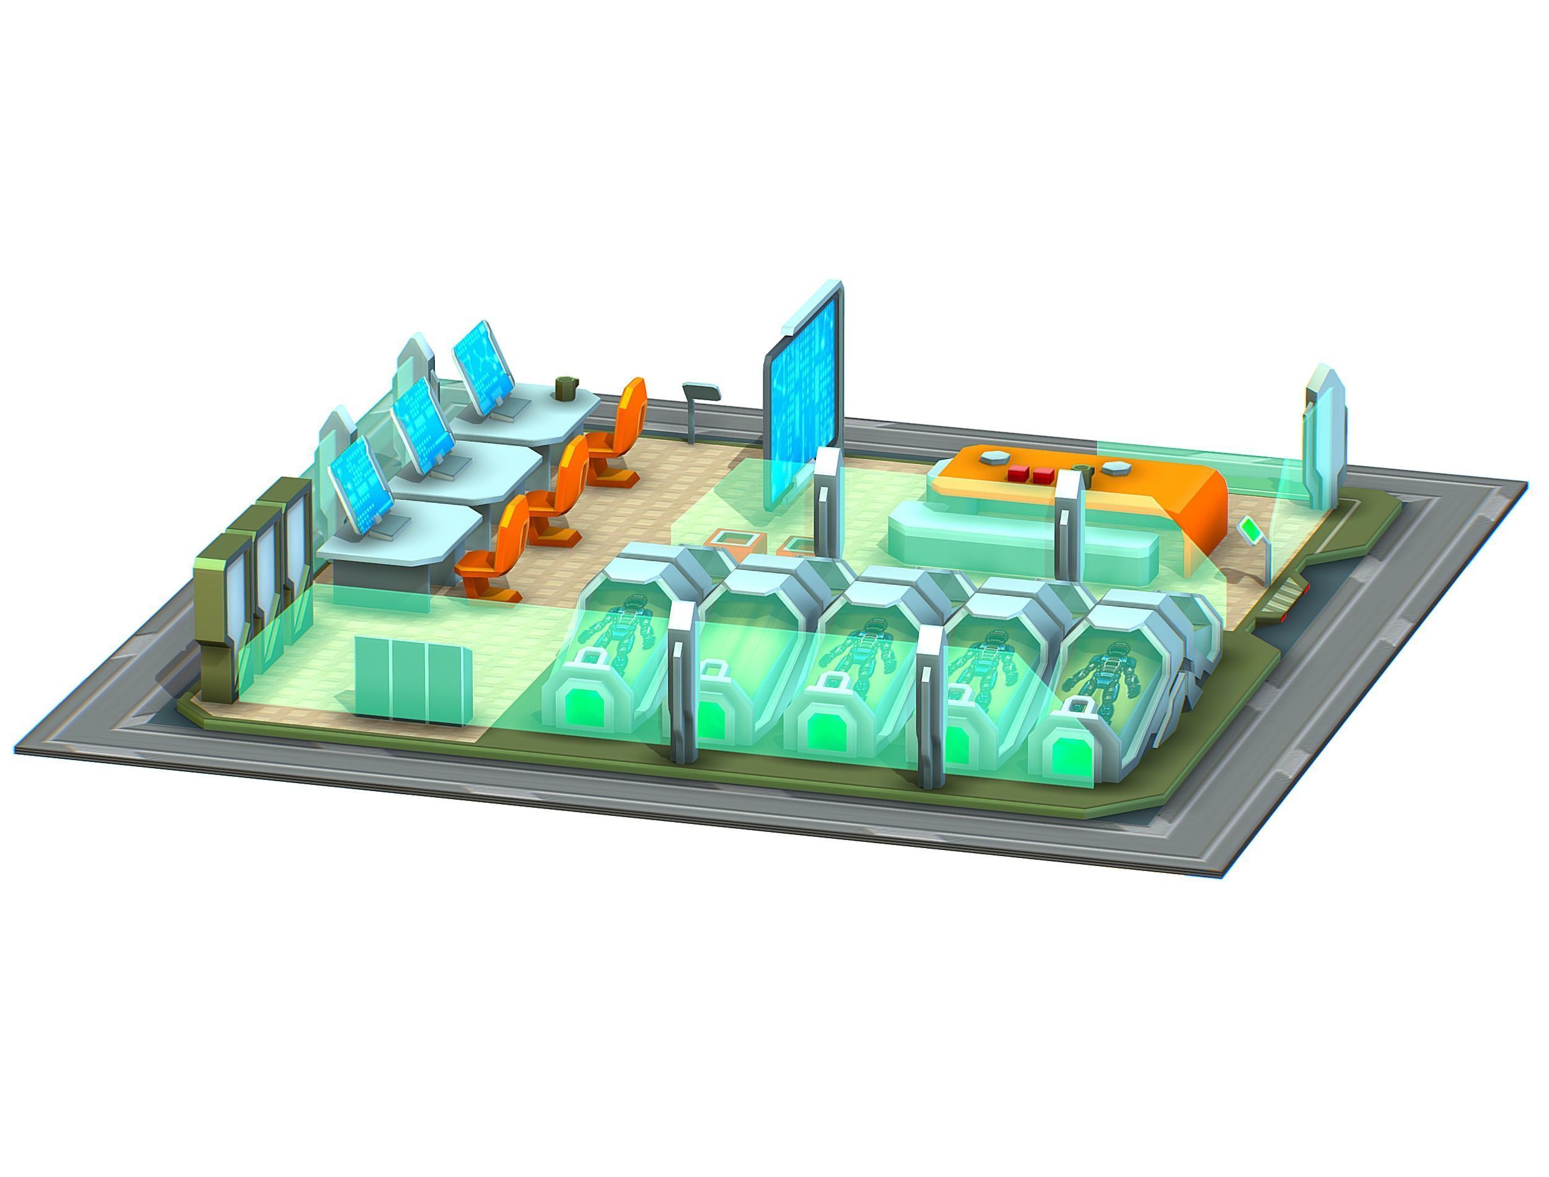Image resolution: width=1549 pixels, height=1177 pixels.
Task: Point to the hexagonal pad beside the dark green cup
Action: click(1112, 467)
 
